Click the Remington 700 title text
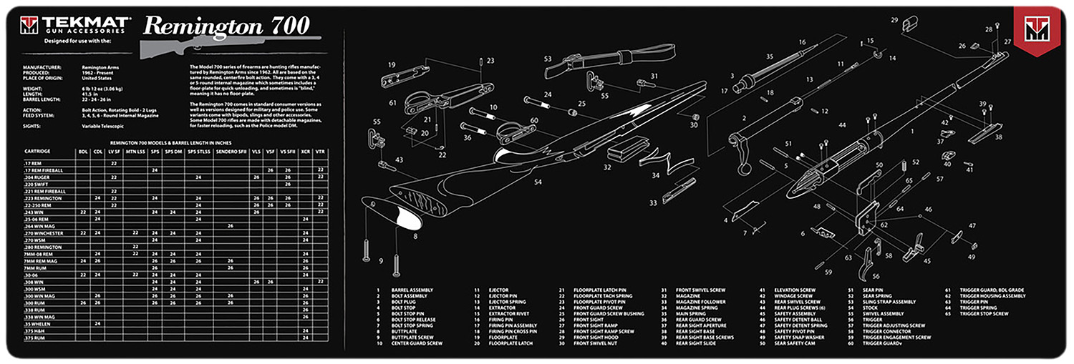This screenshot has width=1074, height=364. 226,26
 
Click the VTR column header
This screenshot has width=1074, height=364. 320,152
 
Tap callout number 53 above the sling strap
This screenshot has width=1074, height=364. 547,59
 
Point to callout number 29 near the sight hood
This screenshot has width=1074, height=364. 894,21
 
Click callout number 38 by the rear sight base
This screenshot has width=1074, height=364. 998,136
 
